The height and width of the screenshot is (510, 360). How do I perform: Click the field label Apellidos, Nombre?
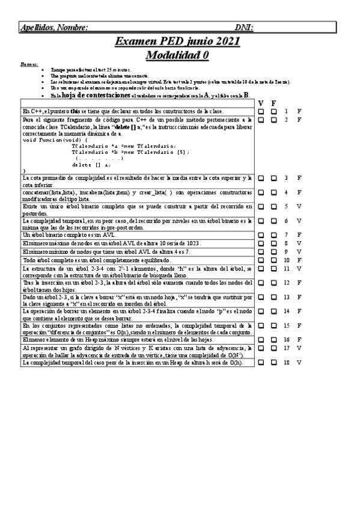point(55,27)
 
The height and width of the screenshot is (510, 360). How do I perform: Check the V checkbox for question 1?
point(261,111)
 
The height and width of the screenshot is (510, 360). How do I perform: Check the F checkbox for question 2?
point(273,120)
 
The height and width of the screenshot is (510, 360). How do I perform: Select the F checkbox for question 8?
point(273,243)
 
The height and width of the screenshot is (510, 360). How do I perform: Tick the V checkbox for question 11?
point(261,268)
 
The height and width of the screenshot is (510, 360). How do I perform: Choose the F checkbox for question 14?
point(273,311)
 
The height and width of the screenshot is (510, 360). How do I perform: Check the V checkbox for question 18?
point(261,363)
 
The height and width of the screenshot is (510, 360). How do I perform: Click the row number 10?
point(287,260)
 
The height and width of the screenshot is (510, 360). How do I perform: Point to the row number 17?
point(287,348)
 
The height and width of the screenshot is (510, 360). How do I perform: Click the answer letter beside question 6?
point(299,221)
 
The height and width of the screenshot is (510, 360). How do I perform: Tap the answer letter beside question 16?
point(299,340)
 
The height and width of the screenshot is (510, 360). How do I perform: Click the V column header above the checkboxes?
point(261,103)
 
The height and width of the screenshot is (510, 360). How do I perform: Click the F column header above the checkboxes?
point(273,103)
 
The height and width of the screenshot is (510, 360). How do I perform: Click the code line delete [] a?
point(91,164)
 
